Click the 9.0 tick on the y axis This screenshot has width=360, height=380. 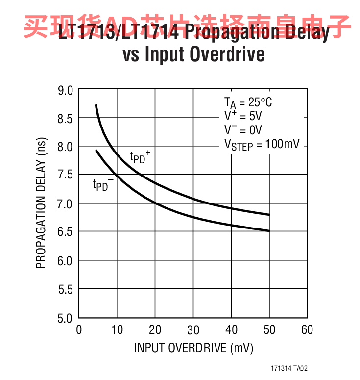pos(66,90)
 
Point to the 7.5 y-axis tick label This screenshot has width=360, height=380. pos(66,175)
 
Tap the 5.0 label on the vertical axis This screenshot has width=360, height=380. pos(66,318)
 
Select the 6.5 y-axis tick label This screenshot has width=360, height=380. pos(66,232)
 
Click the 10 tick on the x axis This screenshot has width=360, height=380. pos(117,329)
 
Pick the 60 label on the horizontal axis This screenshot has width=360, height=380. pos(307,329)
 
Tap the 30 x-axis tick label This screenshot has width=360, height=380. pos(193,329)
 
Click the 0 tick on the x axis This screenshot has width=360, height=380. pos(79,329)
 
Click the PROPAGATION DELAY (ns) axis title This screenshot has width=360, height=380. pos(41,203)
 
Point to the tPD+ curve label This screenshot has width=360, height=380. pos(140,157)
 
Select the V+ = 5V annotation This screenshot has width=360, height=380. pos(243,116)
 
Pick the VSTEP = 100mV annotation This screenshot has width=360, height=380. pos(262,145)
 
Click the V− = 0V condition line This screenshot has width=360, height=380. pos(243,130)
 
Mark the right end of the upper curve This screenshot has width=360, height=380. pos(269,214)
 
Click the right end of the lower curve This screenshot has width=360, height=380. pos(269,230)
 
